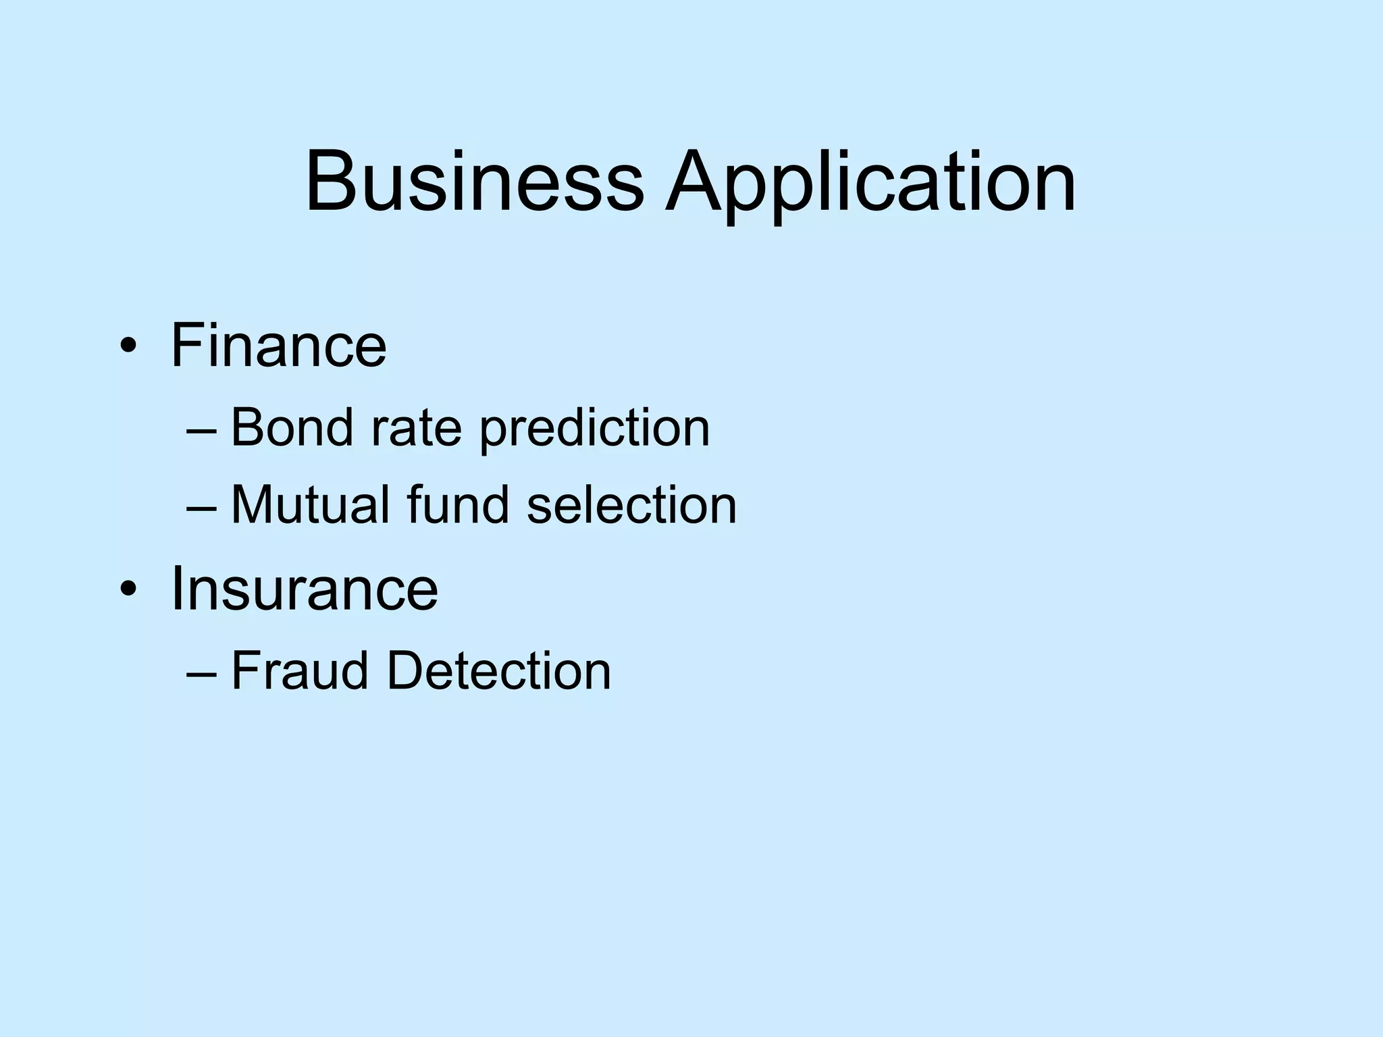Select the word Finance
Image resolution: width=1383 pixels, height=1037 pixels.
tap(278, 346)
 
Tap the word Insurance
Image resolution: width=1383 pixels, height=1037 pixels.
tap(305, 589)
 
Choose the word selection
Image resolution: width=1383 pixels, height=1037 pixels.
tap(631, 505)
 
